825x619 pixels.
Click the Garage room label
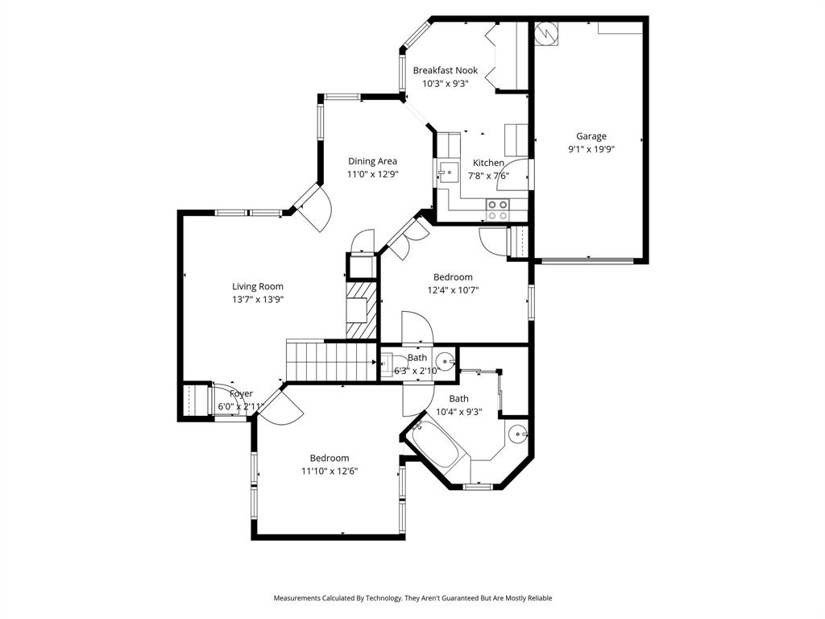pyautogui.click(x=591, y=136)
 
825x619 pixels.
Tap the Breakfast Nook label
pyautogui.click(x=445, y=70)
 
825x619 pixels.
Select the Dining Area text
pyautogui.click(x=372, y=161)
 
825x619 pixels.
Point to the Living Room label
pyautogui.click(x=258, y=286)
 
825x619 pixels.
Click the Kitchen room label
pyautogui.click(x=488, y=163)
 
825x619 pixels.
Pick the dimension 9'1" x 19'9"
pyautogui.click(x=591, y=149)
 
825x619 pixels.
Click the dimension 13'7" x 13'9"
pyautogui.click(x=258, y=299)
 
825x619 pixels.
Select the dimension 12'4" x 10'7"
pyautogui.click(x=453, y=290)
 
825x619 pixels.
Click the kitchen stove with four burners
pyautogui.click(x=497, y=210)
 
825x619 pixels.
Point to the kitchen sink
pyautogui.click(x=446, y=172)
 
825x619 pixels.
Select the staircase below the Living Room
pyautogui.click(x=331, y=359)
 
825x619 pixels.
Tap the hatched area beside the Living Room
pyautogui.click(x=361, y=309)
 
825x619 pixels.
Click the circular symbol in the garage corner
pyautogui.click(x=545, y=32)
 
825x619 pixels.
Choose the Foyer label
pyautogui.click(x=241, y=393)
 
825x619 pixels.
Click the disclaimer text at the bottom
pyautogui.click(x=412, y=598)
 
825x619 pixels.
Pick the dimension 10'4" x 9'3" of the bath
pyautogui.click(x=458, y=412)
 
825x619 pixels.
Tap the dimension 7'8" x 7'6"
pyautogui.click(x=487, y=176)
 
